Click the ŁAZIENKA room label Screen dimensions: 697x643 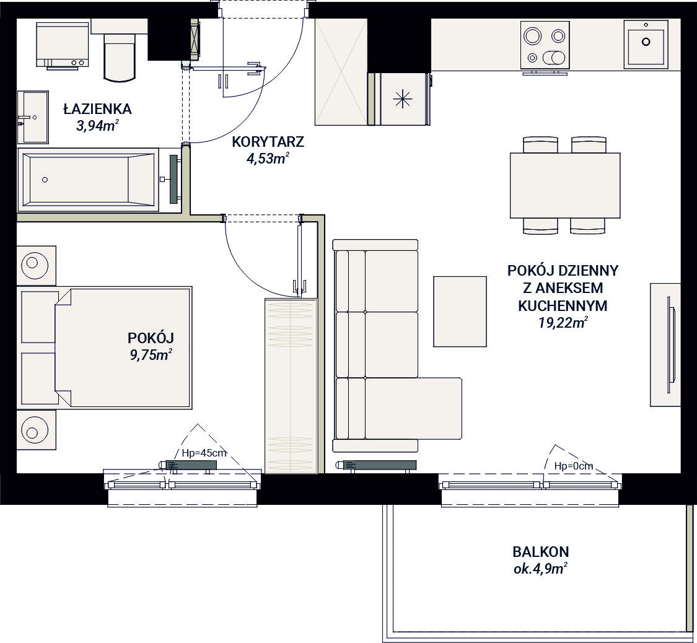(97, 109)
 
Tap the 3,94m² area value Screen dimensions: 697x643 (97, 126)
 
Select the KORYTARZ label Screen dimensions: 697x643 (268, 142)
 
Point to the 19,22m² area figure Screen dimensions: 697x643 (563, 323)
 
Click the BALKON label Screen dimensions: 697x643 (540, 552)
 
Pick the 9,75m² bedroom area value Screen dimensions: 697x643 (151, 355)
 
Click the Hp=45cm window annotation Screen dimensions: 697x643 (204, 453)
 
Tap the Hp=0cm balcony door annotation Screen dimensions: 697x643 (574, 466)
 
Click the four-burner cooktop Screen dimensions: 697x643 (545, 45)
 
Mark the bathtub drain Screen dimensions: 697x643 (45, 180)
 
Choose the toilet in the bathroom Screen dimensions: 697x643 (119, 57)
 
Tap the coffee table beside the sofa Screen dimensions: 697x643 (460, 311)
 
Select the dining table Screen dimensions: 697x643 (565, 185)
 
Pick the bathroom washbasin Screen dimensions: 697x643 (33, 117)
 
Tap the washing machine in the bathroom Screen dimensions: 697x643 (62, 45)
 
